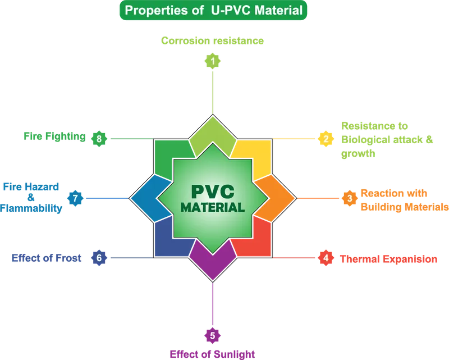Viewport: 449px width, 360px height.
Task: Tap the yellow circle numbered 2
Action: (x=325, y=138)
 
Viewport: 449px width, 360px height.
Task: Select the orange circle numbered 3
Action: (x=349, y=198)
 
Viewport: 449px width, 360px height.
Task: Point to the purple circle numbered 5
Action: (x=212, y=335)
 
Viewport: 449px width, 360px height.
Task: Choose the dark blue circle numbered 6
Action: (x=99, y=258)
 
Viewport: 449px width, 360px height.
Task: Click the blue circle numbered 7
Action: (x=75, y=198)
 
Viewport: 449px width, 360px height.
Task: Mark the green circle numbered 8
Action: (x=99, y=138)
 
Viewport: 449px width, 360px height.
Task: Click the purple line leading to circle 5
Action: (x=213, y=303)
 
